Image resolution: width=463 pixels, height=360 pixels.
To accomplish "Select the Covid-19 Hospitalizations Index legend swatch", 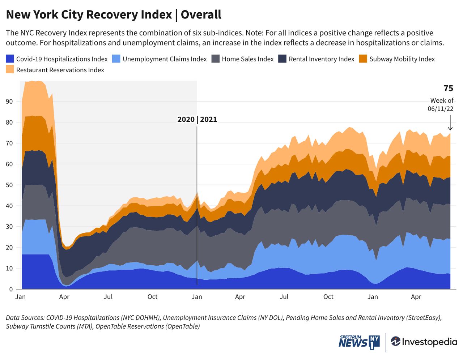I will (10, 59).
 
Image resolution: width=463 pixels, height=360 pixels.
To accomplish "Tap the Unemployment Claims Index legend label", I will (165, 59).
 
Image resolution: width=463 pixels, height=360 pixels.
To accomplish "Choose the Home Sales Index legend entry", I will (247, 59).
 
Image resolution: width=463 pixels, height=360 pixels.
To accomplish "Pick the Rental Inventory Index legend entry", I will (321, 59).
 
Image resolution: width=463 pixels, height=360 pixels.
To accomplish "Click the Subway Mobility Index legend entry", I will (402, 59).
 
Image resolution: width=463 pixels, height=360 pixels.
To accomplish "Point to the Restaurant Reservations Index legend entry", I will (60, 70).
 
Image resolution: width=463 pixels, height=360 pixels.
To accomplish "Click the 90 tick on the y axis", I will (9, 102).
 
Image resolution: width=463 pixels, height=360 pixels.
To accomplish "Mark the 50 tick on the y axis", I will (9, 185).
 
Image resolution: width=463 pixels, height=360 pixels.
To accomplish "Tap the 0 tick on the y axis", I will (11, 289).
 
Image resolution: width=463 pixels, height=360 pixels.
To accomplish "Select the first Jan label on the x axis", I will (21, 297).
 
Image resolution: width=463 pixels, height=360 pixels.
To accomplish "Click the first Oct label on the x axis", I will (152, 297).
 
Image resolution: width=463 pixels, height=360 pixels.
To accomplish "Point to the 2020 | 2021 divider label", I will (197, 120).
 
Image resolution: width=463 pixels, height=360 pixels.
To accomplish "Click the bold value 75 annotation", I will (448, 89).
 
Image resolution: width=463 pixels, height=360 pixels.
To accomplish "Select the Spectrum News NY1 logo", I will (359, 342).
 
